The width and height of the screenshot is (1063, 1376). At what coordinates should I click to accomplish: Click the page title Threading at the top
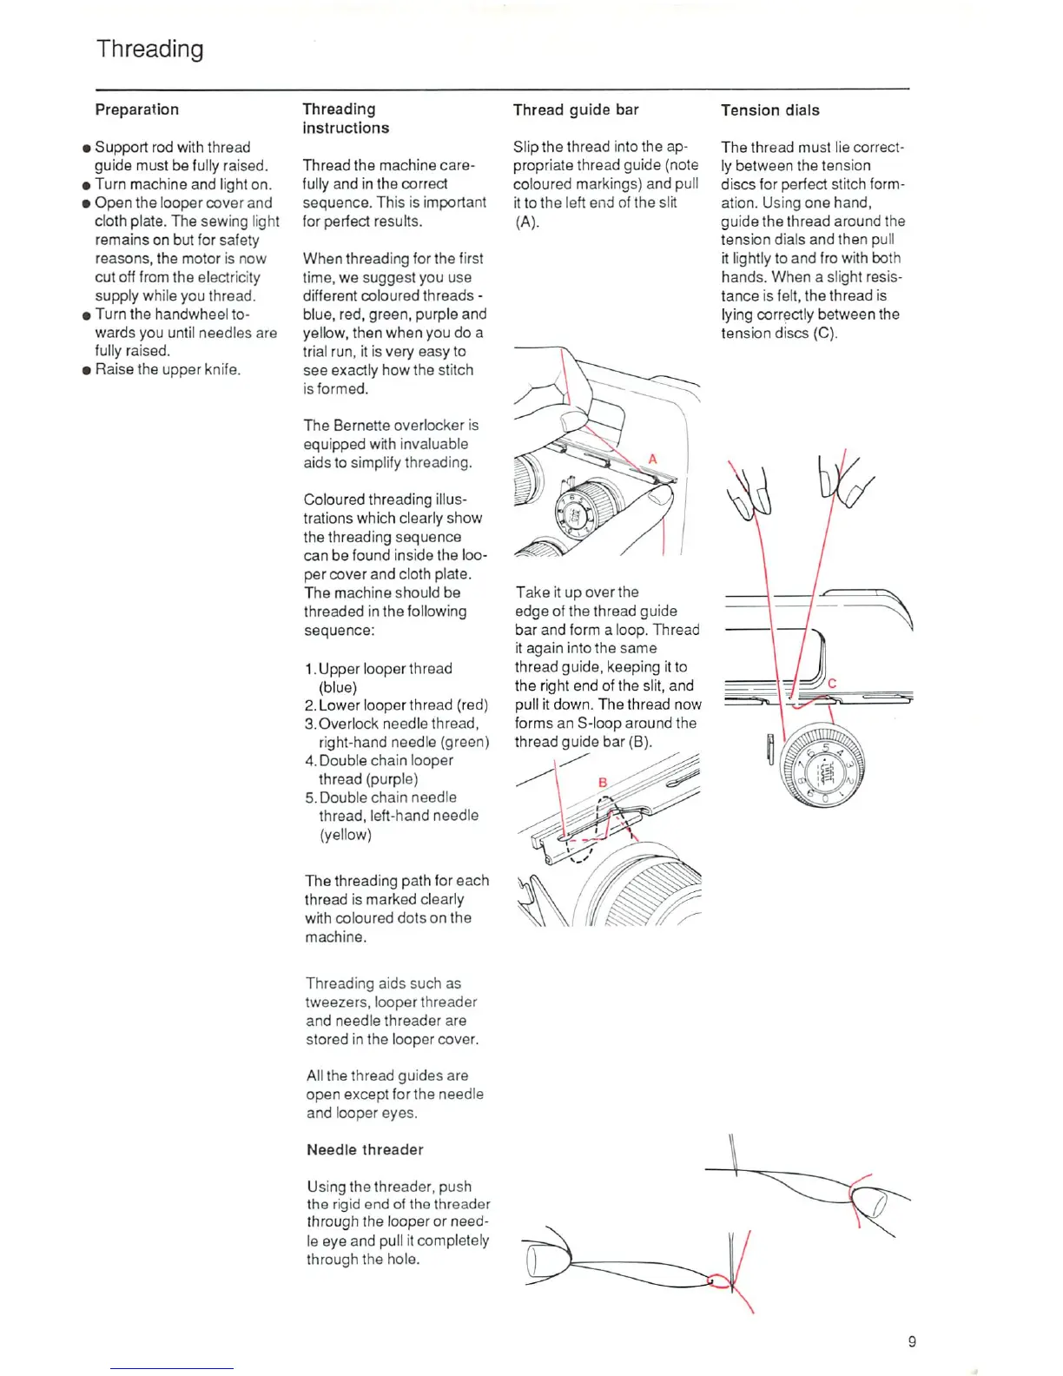[149, 49]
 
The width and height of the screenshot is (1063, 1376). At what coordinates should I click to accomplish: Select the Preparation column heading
[136, 109]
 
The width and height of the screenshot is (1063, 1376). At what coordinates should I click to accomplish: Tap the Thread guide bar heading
[576, 109]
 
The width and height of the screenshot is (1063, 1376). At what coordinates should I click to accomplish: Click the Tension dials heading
[769, 110]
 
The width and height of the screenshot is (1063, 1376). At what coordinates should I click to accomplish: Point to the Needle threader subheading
[365, 1149]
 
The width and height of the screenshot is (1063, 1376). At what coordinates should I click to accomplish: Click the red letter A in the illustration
[652, 459]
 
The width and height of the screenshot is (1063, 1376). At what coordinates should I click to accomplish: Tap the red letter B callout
[603, 782]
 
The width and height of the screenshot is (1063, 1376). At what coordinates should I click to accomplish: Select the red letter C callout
[831, 683]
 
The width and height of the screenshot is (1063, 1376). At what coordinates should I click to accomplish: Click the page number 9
[911, 1341]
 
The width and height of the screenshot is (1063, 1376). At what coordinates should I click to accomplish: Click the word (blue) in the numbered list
[338, 687]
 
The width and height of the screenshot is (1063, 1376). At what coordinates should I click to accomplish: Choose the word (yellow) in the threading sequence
[345, 835]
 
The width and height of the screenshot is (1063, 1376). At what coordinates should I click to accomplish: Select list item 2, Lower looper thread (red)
[396, 705]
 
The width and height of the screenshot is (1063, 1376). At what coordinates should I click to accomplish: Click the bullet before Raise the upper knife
[87, 370]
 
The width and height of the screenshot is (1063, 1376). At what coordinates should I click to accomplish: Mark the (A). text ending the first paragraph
[526, 222]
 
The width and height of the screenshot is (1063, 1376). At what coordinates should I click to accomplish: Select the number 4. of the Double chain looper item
[311, 761]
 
